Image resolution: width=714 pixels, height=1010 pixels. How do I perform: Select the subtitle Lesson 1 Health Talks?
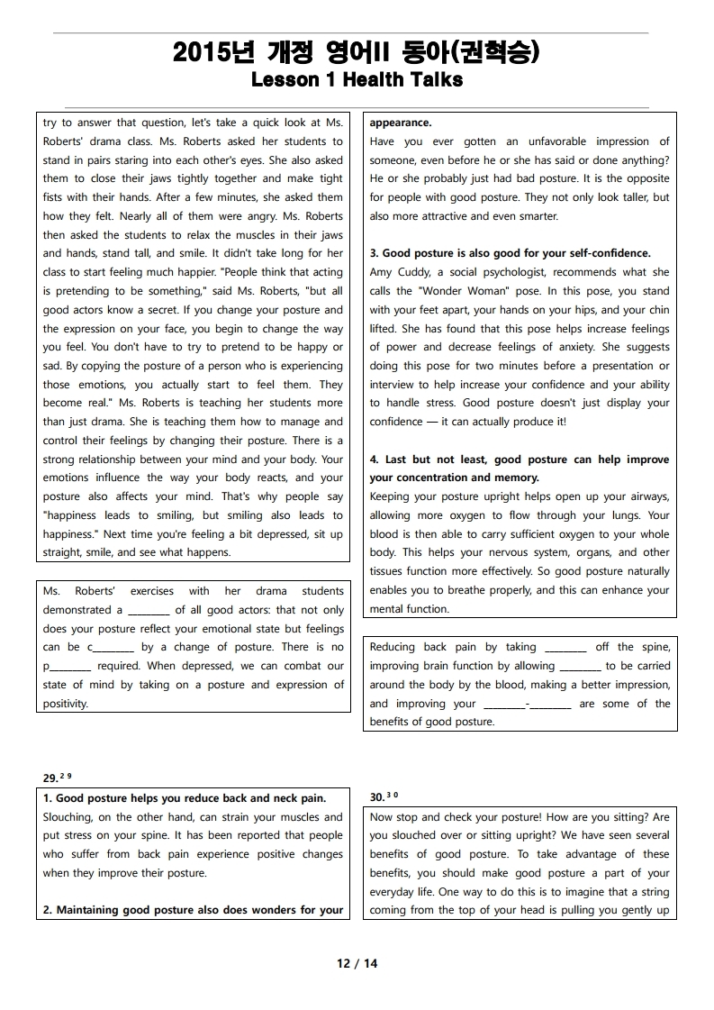click(357, 80)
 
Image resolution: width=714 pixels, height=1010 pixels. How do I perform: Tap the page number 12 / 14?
click(357, 963)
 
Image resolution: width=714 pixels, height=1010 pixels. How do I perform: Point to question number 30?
click(378, 797)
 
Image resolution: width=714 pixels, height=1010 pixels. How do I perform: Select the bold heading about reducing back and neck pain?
click(185, 798)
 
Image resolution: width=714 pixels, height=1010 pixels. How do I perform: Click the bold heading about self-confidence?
click(510, 253)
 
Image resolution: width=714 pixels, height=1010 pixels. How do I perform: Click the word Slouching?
click(68, 817)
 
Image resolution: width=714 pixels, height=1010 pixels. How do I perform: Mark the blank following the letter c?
click(113, 648)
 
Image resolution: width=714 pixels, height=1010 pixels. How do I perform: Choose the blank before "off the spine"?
click(565, 648)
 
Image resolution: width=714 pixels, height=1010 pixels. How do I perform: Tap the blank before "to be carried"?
click(580, 667)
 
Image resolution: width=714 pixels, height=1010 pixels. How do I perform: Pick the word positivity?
click(66, 704)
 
